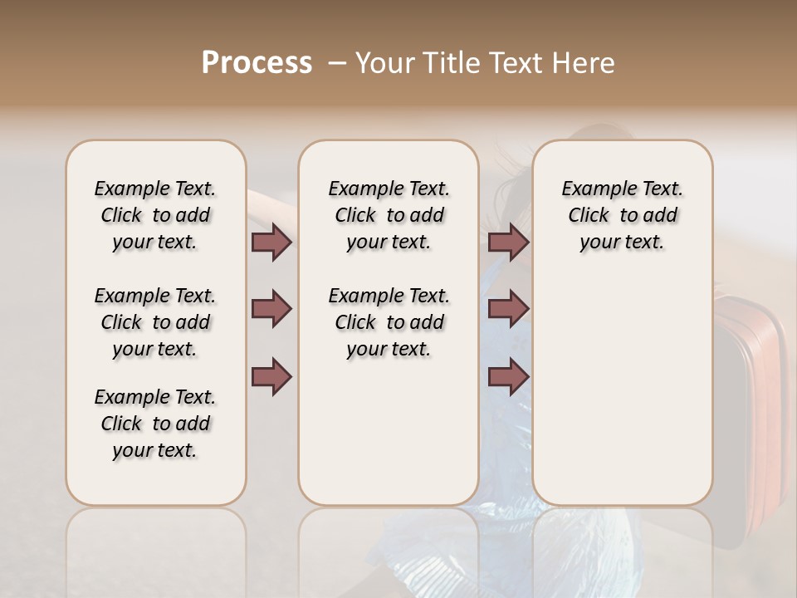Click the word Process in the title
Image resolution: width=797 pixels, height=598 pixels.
coord(257,63)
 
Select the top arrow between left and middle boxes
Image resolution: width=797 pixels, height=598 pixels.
coord(271,242)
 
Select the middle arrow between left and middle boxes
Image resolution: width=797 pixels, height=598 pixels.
coord(271,310)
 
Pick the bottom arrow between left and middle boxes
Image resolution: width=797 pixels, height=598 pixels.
coord(271,377)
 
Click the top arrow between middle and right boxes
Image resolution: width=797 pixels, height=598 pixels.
coord(508,242)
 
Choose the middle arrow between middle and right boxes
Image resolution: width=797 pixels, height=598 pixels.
coord(508,310)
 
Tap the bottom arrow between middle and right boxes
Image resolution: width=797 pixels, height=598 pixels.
coord(508,377)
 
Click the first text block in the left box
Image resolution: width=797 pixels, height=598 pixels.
coord(155,215)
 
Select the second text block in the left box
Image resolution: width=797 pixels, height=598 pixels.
coord(155,322)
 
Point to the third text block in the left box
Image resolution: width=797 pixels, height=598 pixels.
coord(155,424)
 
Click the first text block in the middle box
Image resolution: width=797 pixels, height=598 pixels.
coord(389,215)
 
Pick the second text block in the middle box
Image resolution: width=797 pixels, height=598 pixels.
coord(389,322)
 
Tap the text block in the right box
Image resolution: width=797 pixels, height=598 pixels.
coord(622,215)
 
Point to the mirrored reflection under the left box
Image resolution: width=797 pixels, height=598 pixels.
coord(156,548)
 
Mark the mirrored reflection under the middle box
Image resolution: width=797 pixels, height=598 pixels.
coord(389,548)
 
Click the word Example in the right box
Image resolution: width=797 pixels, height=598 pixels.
coord(593,189)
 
